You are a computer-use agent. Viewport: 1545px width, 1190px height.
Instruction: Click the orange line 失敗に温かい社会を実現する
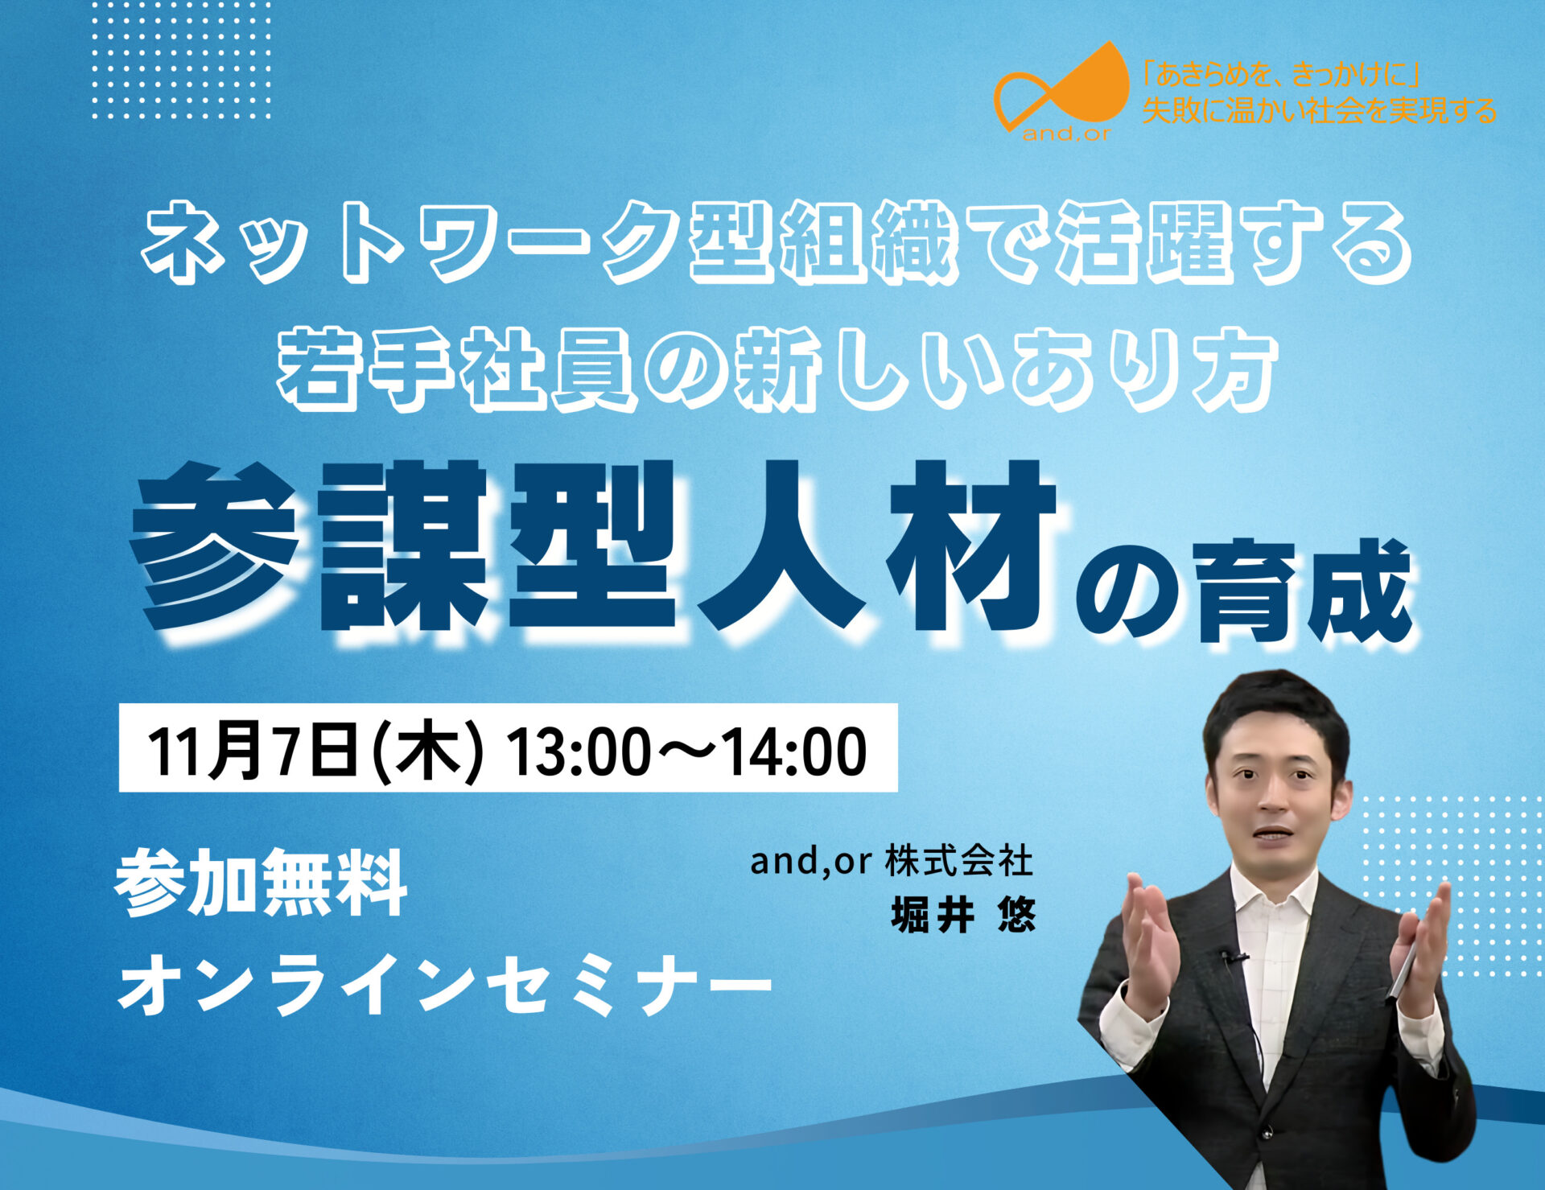click(1319, 110)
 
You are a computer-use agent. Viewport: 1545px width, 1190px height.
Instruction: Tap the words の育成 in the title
click(1244, 591)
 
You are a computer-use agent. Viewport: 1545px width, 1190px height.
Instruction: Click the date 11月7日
click(253, 750)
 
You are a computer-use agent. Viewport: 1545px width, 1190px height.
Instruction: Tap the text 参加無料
click(261, 883)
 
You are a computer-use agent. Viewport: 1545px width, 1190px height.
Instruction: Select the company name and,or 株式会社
click(892, 861)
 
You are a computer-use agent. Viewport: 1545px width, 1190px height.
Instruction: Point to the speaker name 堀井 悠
click(963, 915)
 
